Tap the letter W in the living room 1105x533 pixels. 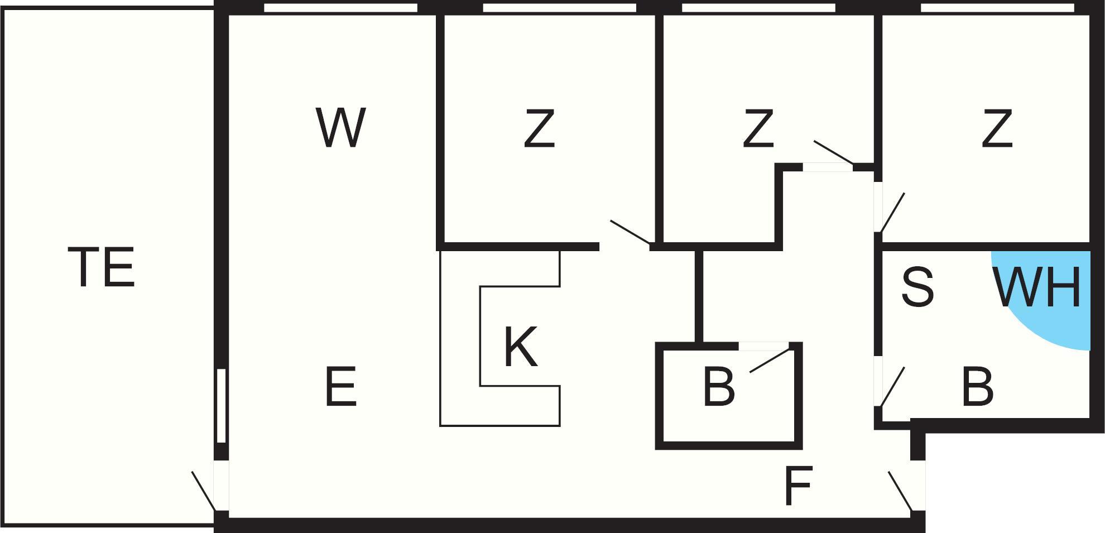[340, 128]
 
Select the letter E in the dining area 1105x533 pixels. [340, 386]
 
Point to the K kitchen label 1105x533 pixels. [520, 347]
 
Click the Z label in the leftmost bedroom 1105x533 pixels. [539, 129]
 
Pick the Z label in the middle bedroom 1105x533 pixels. [758, 129]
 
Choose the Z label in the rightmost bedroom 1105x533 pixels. [997, 129]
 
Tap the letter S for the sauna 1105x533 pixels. [917, 287]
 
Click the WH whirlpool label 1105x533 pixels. [1037, 287]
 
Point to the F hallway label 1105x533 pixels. [797, 486]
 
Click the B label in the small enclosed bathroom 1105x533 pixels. [718, 386]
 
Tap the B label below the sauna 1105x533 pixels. [977, 386]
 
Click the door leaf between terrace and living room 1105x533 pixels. [203, 491]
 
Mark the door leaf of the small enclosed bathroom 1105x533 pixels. [770, 361]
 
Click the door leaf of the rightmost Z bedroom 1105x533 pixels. [892, 212]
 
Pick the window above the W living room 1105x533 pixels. [340, 8]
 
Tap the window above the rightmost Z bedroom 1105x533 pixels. [997, 8]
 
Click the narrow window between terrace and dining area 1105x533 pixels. [221, 406]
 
